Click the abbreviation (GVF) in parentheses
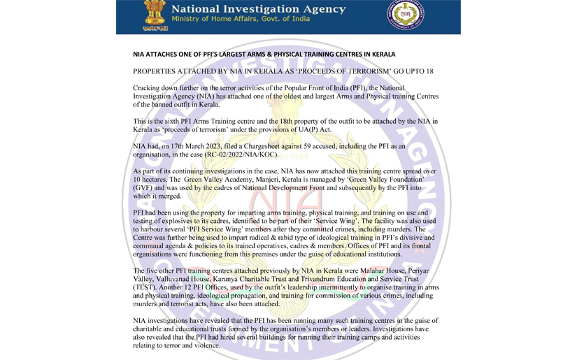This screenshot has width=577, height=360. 145,188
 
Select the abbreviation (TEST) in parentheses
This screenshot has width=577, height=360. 146,287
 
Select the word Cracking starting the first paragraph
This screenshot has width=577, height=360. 149,87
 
